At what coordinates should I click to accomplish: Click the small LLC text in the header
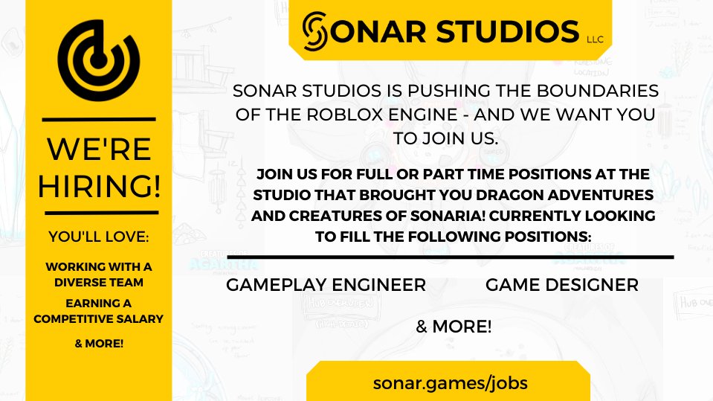click(x=596, y=39)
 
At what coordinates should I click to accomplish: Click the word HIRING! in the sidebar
click(x=99, y=184)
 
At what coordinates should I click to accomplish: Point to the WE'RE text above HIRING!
click(x=99, y=149)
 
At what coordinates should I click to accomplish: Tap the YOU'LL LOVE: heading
click(x=99, y=237)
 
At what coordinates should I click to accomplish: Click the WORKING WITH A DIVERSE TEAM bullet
click(x=99, y=274)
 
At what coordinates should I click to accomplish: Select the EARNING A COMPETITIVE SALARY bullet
click(x=99, y=311)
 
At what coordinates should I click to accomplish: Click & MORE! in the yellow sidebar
click(x=99, y=343)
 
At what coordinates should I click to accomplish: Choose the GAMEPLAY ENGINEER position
click(x=326, y=285)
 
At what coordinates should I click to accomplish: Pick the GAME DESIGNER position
click(x=561, y=285)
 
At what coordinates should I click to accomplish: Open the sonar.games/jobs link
click(x=451, y=383)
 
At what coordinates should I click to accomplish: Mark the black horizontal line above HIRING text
click(x=99, y=118)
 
